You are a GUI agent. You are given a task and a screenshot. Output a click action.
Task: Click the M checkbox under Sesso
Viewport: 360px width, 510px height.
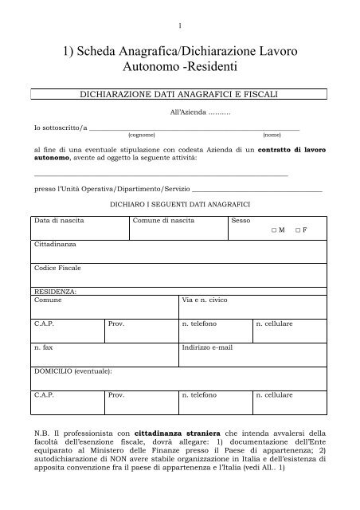(x=272, y=229)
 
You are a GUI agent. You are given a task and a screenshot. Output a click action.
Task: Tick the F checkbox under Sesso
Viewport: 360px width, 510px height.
(x=297, y=229)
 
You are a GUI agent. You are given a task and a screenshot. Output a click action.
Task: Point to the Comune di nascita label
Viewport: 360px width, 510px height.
(x=160, y=219)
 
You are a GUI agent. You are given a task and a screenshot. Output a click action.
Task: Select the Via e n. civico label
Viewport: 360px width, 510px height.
(x=206, y=301)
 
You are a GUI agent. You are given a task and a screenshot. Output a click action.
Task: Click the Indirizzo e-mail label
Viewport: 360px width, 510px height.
(x=206, y=349)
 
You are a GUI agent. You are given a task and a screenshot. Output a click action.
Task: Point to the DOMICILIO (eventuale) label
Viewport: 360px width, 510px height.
(x=71, y=371)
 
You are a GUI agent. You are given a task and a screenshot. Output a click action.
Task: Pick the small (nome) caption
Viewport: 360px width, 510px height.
(x=272, y=135)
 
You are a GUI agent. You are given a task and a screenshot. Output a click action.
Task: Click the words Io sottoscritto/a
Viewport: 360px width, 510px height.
(x=59, y=127)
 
